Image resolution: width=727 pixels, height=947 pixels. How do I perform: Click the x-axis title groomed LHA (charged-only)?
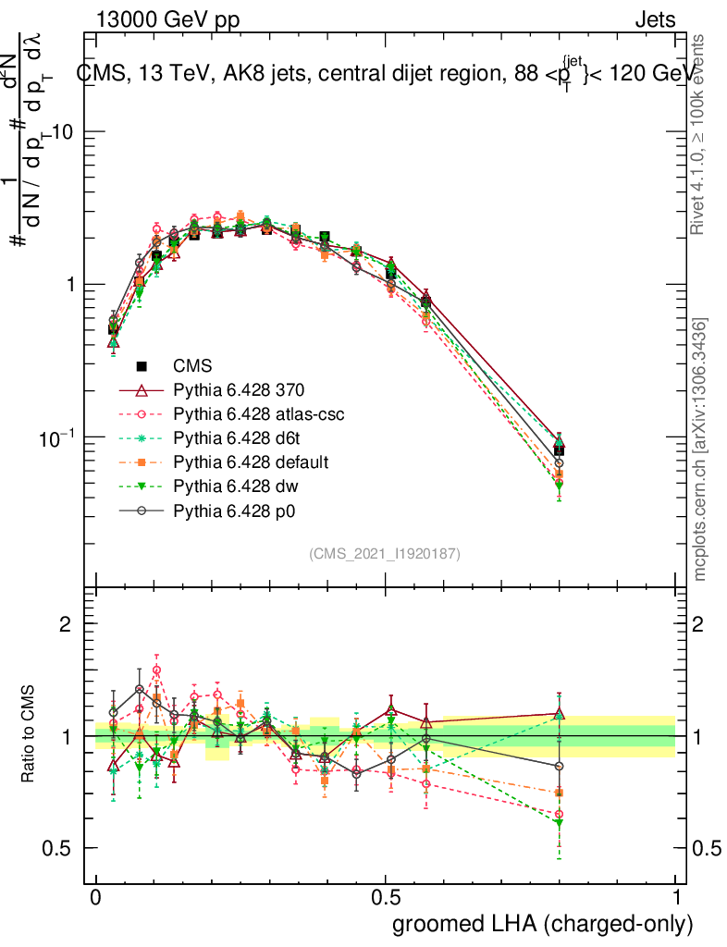(543, 923)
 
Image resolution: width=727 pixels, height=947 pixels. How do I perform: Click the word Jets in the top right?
(655, 19)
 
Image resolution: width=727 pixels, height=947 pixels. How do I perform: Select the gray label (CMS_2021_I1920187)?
(385, 553)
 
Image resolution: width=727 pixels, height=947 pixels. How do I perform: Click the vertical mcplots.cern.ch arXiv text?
(701, 449)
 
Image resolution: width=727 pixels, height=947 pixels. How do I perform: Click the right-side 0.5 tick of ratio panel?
(706, 848)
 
